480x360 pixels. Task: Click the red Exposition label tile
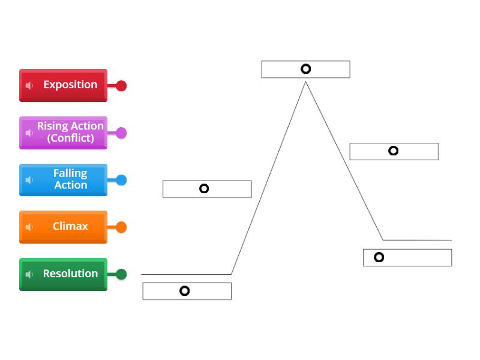[x=64, y=85]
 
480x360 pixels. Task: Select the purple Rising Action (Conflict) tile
[x=64, y=133]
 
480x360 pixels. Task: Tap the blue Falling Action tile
[x=64, y=179]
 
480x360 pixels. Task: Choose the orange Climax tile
[x=64, y=227]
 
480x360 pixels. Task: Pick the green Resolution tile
[x=64, y=274]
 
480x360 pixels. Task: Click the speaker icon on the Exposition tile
[x=29, y=86]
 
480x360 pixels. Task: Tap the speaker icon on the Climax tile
[x=29, y=227]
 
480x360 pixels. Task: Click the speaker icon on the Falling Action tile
[x=29, y=180]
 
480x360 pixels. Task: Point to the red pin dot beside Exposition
[x=121, y=86]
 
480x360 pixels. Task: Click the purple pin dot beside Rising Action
[x=121, y=133]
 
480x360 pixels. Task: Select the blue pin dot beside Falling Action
[x=121, y=180]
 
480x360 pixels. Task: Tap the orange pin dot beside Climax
[x=121, y=227]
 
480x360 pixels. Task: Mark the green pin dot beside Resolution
[x=121, y=274]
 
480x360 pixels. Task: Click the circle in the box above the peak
[x=305, y=69]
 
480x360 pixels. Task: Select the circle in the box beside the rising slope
[x=204, y=188]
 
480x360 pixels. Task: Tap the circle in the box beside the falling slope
[x=393, y=151]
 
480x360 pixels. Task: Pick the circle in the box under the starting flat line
[x=185, y=290]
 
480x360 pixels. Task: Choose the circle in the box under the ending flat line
[x=379, y=257]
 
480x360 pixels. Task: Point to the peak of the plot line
[x=305, y=82]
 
